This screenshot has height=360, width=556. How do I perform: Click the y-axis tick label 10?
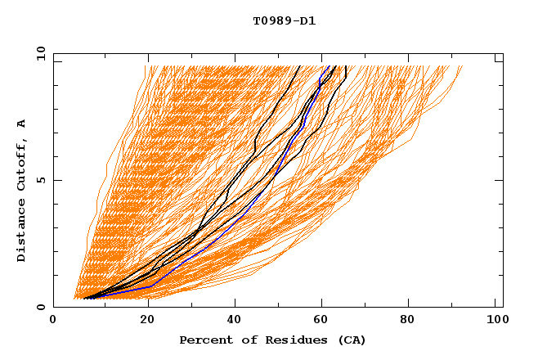point(40,53)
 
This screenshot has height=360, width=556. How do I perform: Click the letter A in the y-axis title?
point(21,123)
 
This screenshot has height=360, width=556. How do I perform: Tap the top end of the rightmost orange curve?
point(462,66)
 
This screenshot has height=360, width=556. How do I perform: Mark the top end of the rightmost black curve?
point(347,66)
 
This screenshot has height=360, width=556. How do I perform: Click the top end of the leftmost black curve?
point(299,66)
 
